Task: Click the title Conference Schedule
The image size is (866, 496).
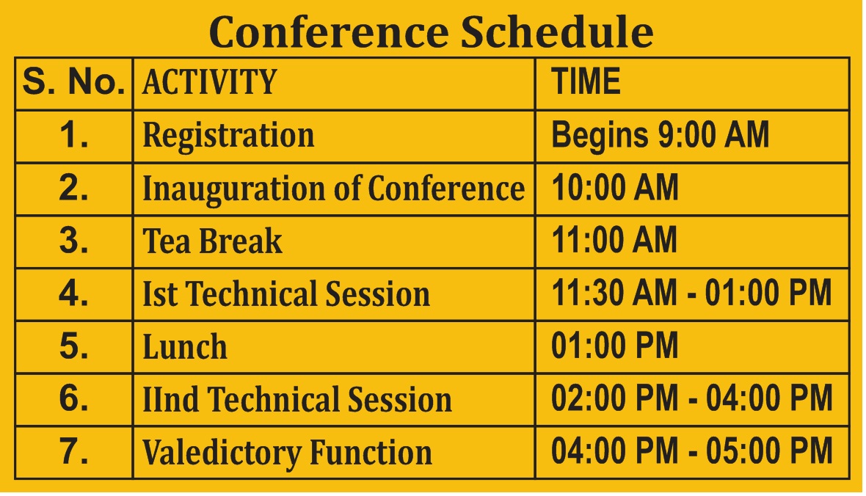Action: [x=432, y=32]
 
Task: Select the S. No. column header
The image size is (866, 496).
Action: [x=73, y=81]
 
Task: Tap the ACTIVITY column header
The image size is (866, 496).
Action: [x=209, y=81]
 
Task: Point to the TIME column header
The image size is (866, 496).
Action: [x=586, y=81]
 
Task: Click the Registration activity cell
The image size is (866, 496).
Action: [x=229, y=135]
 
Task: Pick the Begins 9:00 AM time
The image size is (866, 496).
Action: [x=660, y=135]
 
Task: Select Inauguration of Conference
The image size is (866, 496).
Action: [x=334, y=189]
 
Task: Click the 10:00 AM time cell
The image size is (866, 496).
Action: [x=615, y=187]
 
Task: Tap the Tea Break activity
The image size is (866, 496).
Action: [x=212, y=241]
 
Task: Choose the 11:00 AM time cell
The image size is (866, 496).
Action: [x=614, y=240]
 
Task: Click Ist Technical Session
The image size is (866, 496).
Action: [x=286, y=293]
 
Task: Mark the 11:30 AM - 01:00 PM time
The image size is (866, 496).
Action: [x=691, y=293]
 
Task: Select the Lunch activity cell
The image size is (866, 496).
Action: [x=184, y=346]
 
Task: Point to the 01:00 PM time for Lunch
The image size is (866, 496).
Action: [x=614, y=345]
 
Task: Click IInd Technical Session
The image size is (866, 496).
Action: [x=297, y=399]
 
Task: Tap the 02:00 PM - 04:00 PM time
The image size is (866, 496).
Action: [x=691, y=398]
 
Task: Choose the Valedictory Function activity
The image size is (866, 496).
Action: [x=287, y=453]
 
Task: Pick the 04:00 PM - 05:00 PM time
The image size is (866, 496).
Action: [x=691, y=451]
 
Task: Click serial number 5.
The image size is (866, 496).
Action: [x=73, y=346]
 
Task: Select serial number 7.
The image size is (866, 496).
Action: [x=73, y=451]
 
